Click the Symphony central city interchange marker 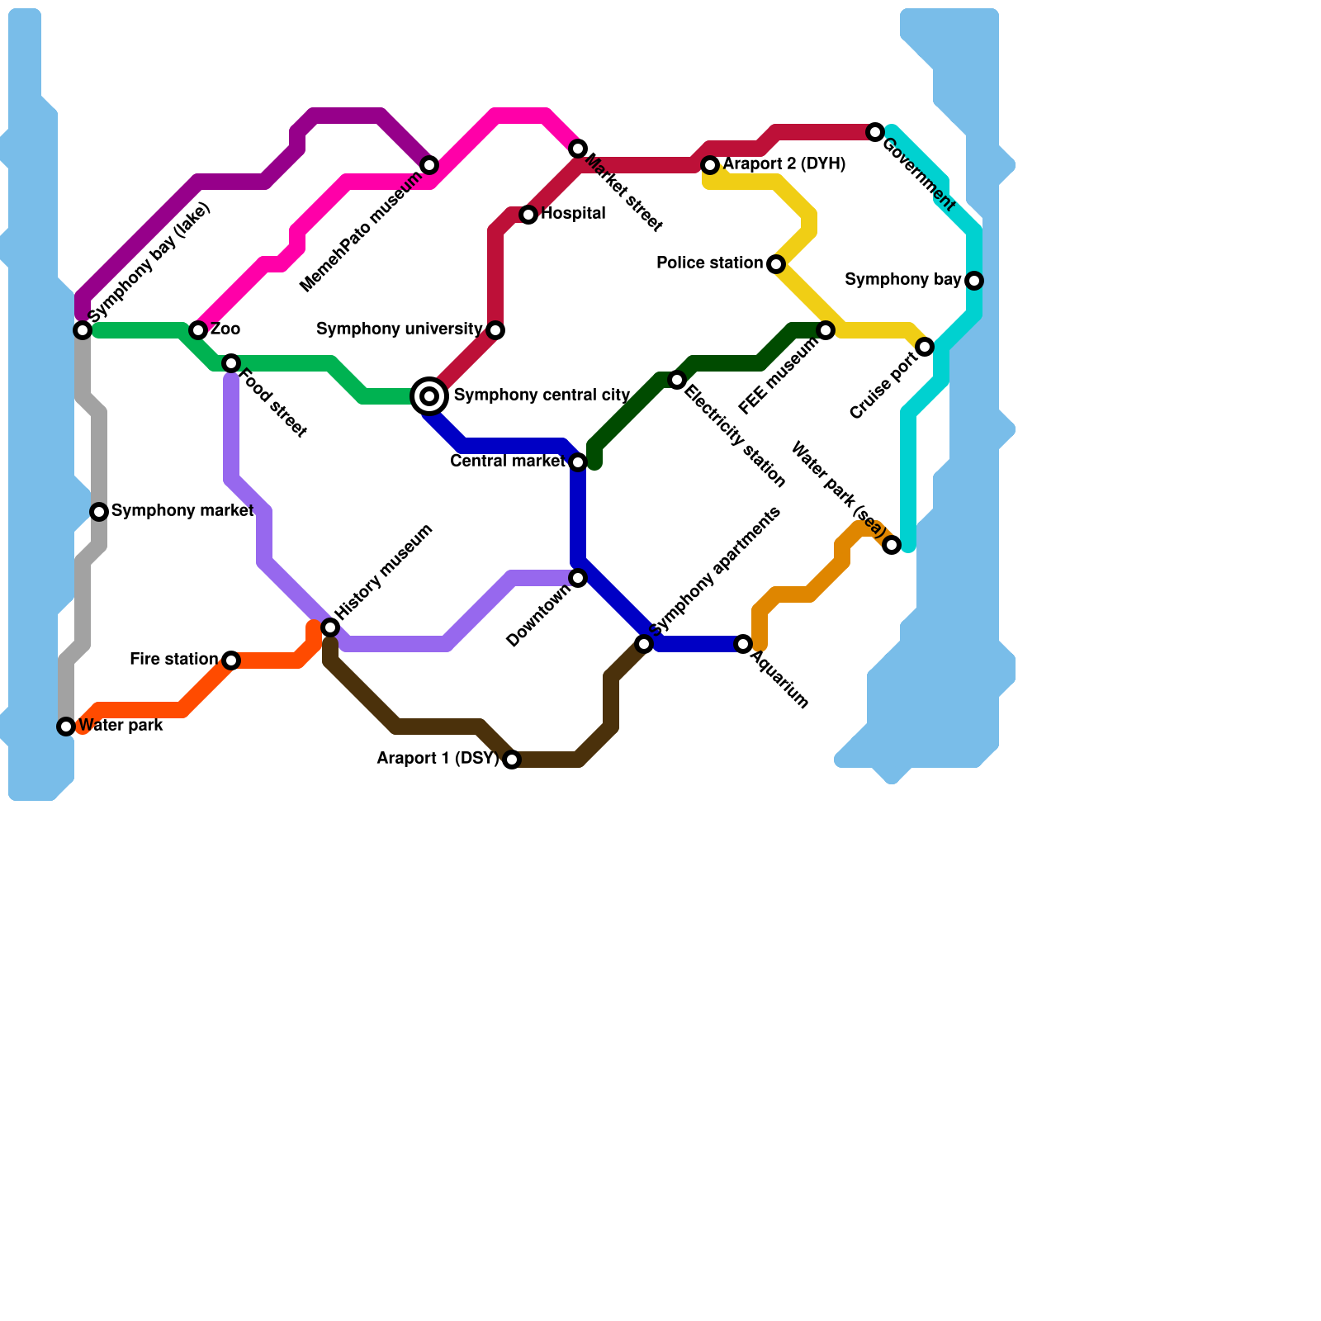429,396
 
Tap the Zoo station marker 198,330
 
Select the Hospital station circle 528,215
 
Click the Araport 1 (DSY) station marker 512,760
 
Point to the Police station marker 776,264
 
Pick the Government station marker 875,132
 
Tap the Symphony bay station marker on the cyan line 974,281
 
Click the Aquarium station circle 743,644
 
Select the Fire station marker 231,660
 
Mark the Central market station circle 578,462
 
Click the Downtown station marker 578,578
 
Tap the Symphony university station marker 495,330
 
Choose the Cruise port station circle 925,347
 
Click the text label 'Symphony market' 182,511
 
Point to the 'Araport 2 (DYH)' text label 784,164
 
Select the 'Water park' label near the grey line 121,726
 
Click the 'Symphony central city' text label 542,395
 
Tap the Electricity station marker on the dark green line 677,380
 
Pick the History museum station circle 330,627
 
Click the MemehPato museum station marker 429,165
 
